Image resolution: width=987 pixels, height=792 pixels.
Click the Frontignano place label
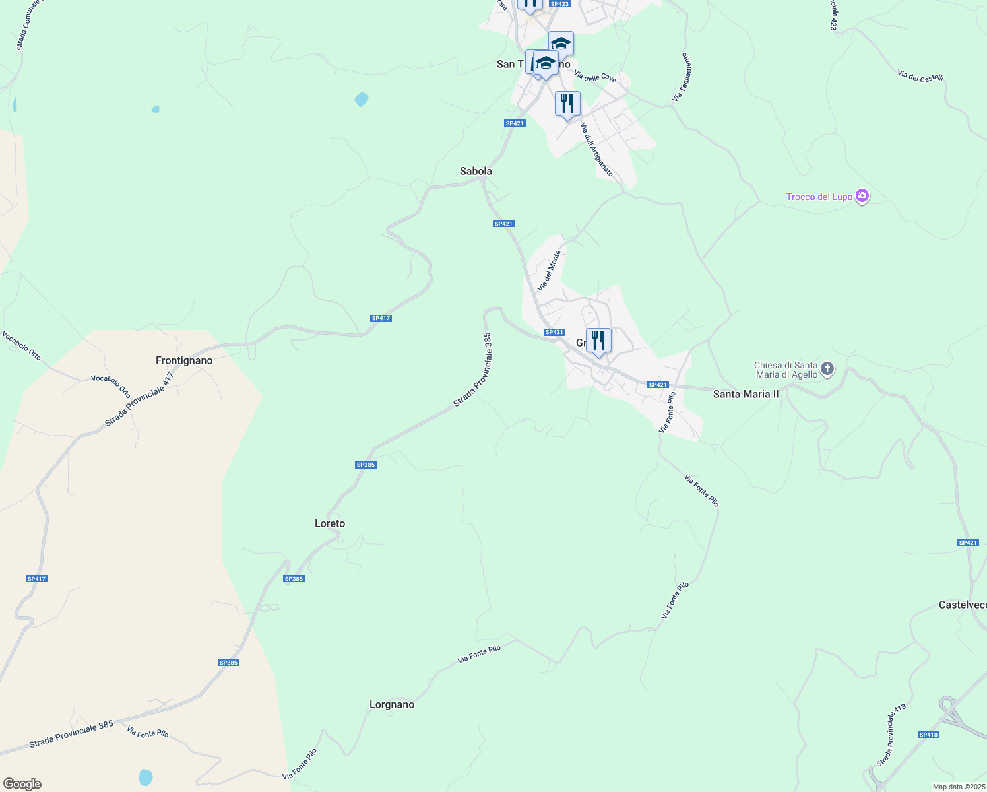coord(184,360)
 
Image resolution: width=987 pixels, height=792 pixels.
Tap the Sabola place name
coord(476,171)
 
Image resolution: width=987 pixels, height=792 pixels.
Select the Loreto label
coord(330,523)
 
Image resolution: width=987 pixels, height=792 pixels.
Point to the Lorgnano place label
coord(392,704)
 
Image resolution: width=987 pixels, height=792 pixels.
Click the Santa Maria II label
coord(746,394)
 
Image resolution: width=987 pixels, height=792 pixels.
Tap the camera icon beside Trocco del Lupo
coord(862,196)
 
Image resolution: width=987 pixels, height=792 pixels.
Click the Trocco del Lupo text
coord(819,197)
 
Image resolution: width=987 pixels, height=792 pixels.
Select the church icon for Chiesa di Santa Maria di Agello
coord(827,369)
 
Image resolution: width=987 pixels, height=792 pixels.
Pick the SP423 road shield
coord(559,4)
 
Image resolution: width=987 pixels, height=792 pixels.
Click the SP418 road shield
coord(928,735)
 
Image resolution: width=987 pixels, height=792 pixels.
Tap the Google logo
coord(22,784)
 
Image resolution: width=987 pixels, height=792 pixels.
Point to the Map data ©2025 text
coord(959,787)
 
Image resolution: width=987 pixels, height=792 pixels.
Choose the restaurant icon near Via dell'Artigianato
coord(567,104)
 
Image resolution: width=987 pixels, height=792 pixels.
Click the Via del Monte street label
coord(549,271)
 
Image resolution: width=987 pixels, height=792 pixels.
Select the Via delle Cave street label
coord(595,77)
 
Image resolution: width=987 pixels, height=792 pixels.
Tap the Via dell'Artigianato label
coord(596,150)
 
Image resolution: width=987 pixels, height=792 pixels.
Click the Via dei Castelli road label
coord(920,76)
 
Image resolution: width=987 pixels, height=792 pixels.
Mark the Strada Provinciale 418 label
coord(891,735)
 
